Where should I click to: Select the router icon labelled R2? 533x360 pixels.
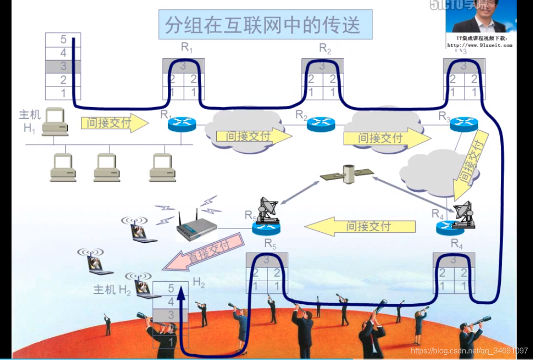[321, 124]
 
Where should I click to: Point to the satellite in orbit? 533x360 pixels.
[347, 174]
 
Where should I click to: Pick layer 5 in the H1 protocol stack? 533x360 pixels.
[63, 39]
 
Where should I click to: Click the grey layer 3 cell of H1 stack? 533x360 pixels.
[63, 66]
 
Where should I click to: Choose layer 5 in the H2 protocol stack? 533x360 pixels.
[171, 289]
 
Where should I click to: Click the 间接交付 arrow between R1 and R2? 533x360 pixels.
[254, 137]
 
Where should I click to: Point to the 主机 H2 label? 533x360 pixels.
[112, 290]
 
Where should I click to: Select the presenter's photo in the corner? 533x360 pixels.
[480, 18]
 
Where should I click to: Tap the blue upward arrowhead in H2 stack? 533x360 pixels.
[182, 290]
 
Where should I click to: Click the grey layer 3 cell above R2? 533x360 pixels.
[322, 66]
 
